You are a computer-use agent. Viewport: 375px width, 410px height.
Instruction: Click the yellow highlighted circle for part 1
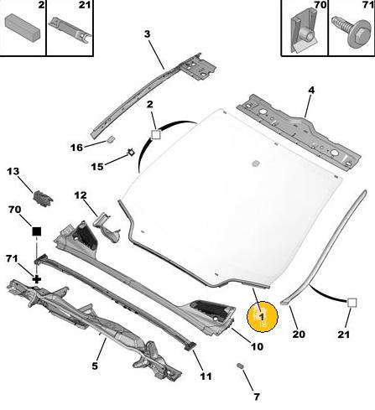coord(262,317)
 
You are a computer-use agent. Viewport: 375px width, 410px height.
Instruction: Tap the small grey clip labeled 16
coord(111,139)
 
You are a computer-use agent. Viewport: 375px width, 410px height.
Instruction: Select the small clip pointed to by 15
coord(131,153)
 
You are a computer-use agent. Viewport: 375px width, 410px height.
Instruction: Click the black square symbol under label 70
coord(37,231)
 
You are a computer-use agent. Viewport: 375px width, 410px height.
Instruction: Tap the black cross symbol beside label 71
coord(37,279)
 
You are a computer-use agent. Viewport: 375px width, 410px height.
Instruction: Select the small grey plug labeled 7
coord(240,366)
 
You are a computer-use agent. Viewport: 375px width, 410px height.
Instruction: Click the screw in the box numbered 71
coord(352,31)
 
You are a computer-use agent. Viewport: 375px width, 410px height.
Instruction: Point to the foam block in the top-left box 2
coord(23,28)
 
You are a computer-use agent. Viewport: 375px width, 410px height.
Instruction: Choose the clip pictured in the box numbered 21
coord(70,30)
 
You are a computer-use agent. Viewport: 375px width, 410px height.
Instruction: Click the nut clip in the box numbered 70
coord(304,31)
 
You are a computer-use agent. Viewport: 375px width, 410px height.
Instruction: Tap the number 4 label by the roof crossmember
coord(311,91)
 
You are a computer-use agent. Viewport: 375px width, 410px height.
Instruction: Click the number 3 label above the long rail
coord(147,34)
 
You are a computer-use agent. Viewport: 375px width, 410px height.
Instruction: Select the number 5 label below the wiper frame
coord(95,366)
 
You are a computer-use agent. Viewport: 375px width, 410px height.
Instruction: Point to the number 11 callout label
coord(206,376)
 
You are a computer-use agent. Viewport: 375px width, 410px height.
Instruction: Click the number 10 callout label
coord(257,346)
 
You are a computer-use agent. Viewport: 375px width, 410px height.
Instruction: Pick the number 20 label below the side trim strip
coord(299,334)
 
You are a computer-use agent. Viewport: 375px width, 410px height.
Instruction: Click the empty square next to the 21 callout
coord(352,303)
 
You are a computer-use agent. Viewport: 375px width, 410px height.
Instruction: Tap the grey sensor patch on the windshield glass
coord(256,163)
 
